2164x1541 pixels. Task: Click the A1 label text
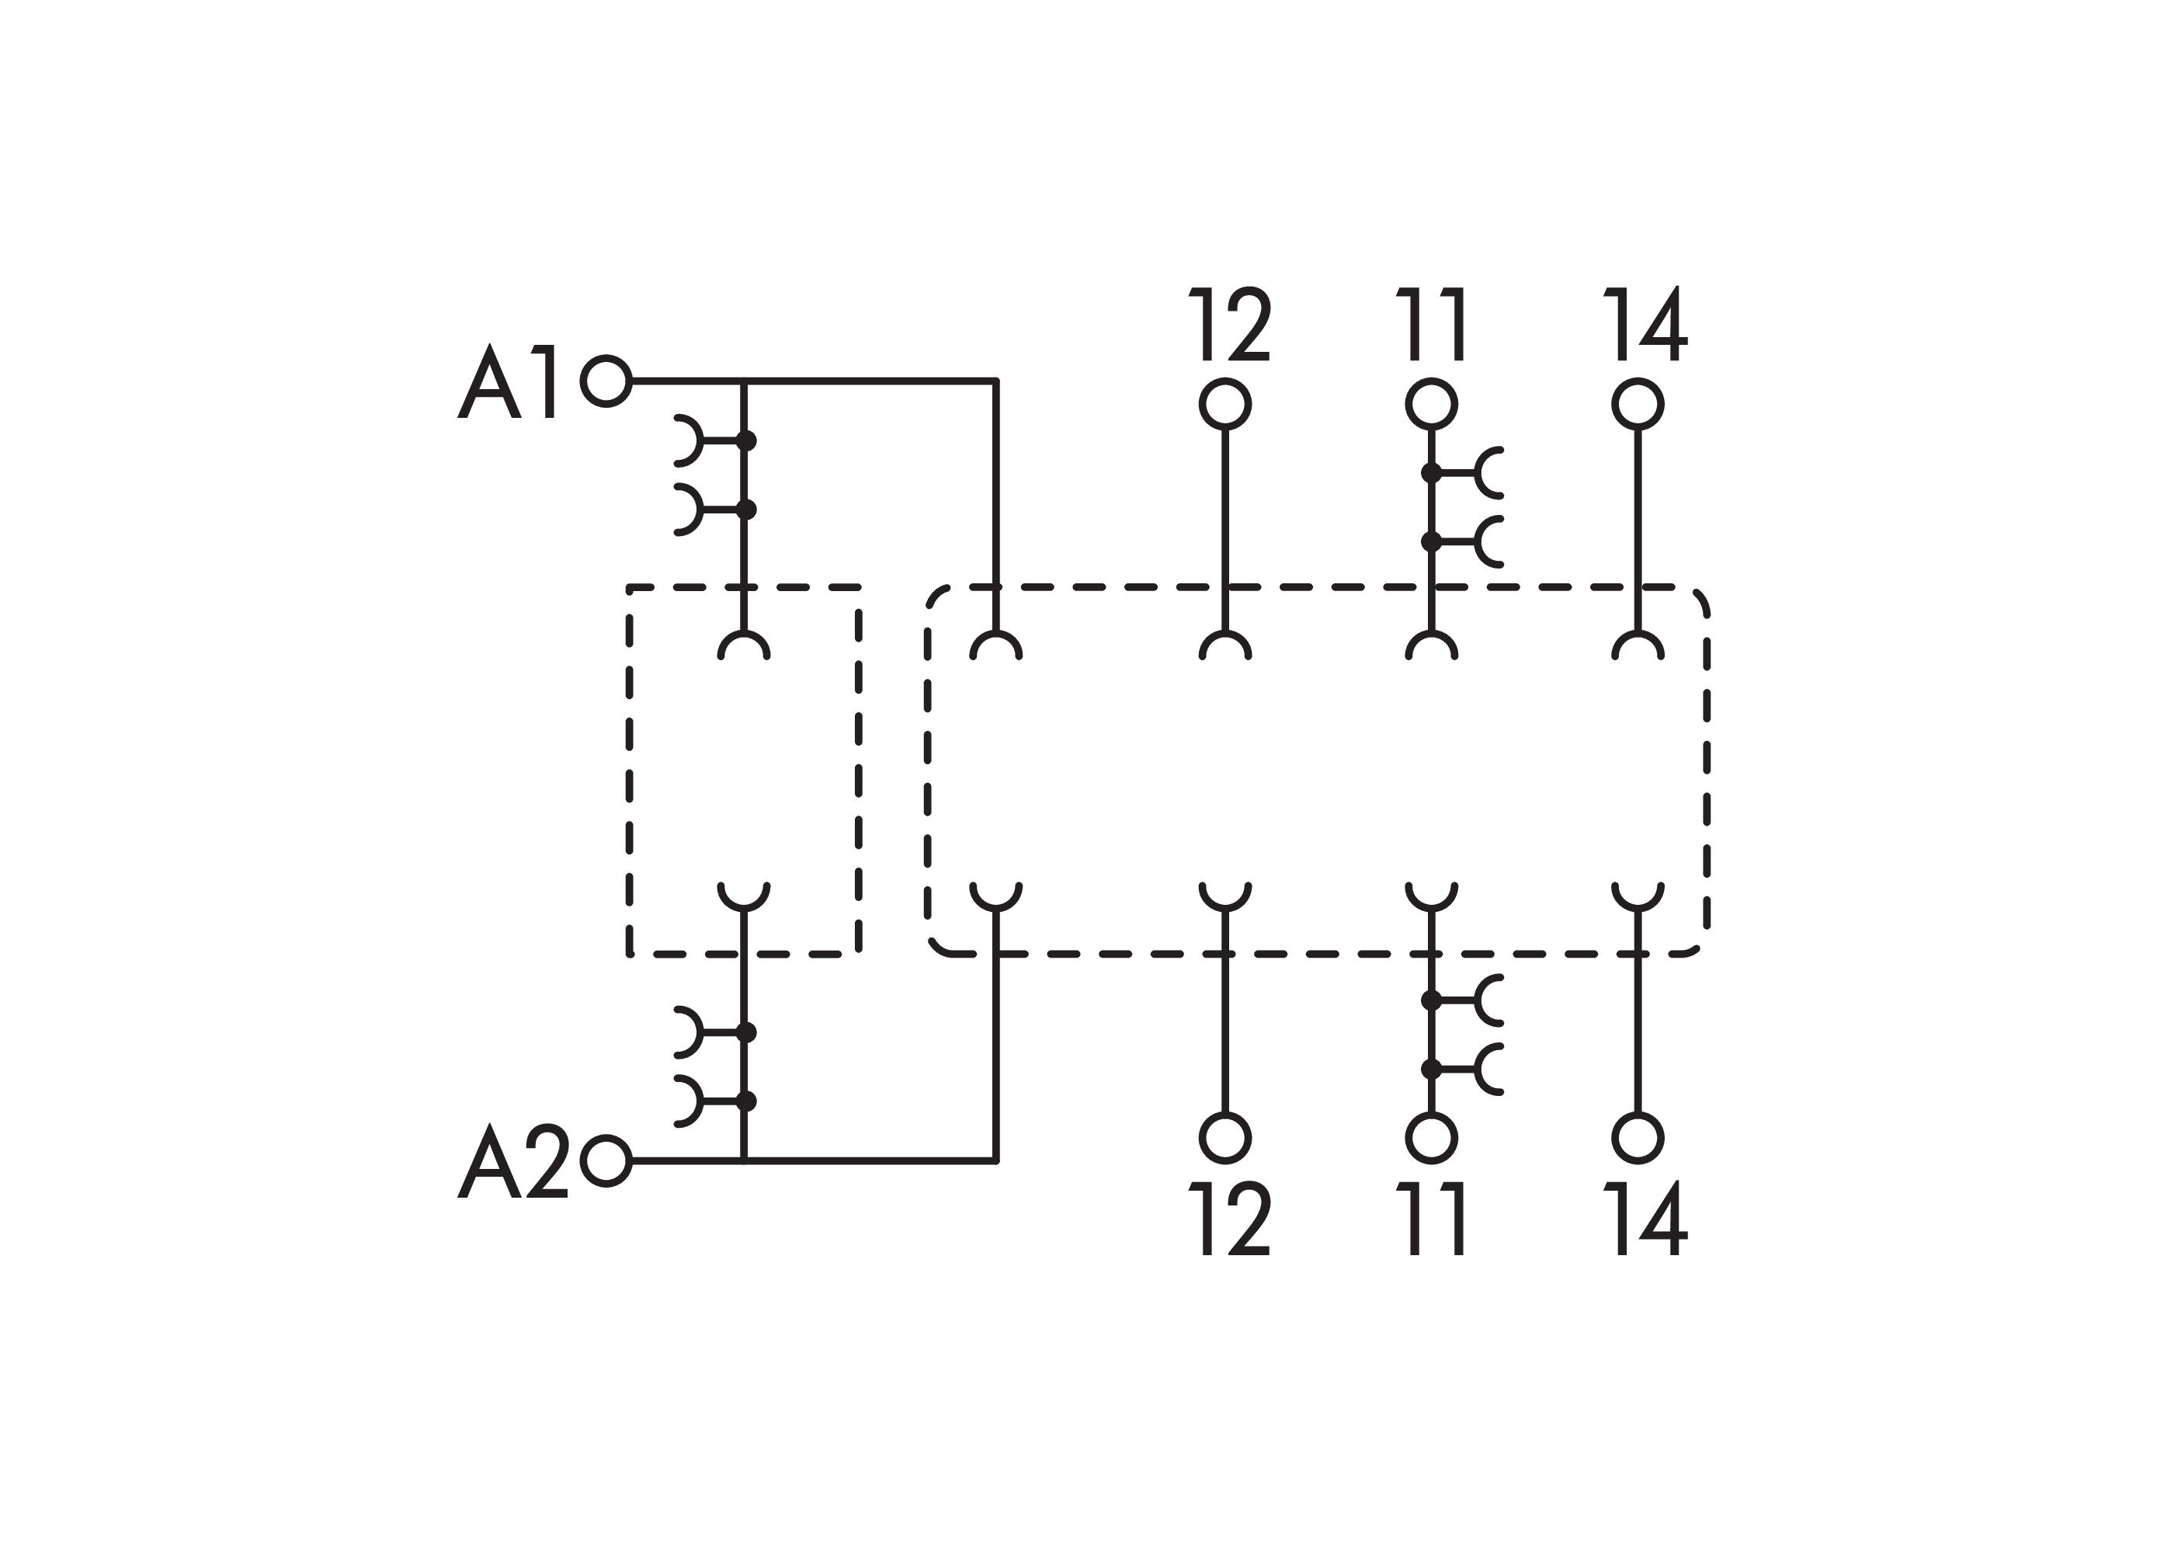click(x=505, y=381)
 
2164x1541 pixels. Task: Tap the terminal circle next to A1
click(x=606, y=381)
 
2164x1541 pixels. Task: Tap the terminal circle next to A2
click(x=606, y=1160)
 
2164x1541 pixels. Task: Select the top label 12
click(x=1228, y=325)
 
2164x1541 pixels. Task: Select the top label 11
click(x=1432, y=325)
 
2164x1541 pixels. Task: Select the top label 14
click(x=1645, y=325)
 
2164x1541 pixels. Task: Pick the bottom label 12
click(x=1228, y=1219)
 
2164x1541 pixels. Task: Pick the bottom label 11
click(x=1432, y=1219)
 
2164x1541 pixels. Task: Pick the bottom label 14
click(x=1645, y=1219)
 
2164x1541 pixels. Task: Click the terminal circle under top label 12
click(x=1224, y=404)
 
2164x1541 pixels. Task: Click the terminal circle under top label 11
click(x=1431, y=404)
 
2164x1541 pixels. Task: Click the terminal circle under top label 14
click(x=1638, y=404)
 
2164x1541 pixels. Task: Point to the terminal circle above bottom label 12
click(x=1224, y=1138)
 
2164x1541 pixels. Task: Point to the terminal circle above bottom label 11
click(x=1431, y=1138)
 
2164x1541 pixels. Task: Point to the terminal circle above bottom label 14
click(x=1638, y=1138)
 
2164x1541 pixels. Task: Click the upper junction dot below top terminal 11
click(x=1431, y=472)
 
